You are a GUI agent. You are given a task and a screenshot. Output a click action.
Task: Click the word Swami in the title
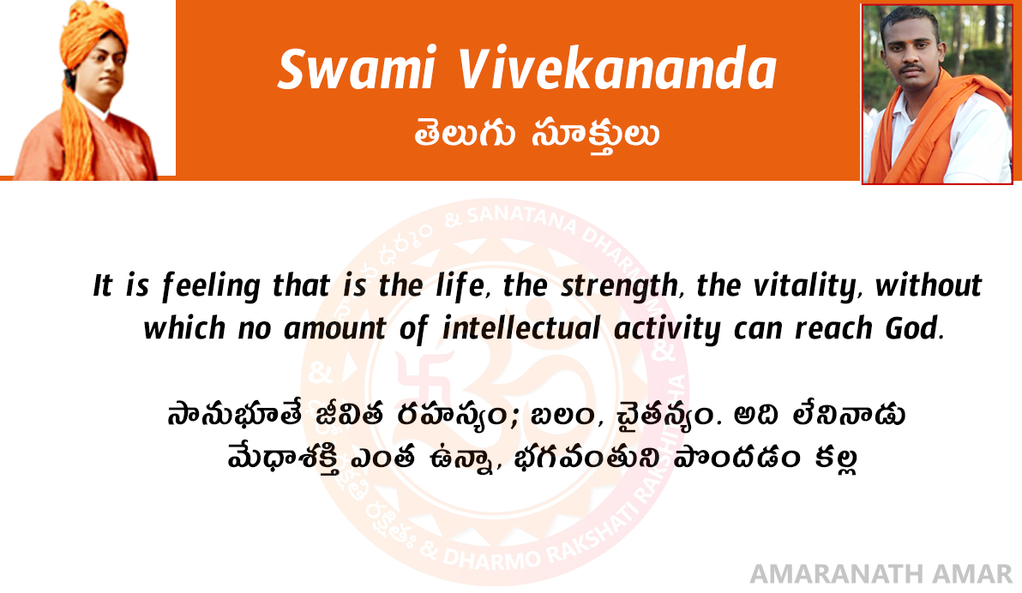pos(357,69)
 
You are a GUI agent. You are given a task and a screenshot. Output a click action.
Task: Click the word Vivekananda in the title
pos(618,69)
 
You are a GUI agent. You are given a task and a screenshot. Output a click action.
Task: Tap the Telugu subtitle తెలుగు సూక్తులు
pos(537,135)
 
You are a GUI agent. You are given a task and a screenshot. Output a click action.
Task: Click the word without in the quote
pos(929,285)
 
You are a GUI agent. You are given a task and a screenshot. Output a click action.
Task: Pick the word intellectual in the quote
pos(520,328)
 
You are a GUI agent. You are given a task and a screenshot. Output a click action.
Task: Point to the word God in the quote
pos(911,328)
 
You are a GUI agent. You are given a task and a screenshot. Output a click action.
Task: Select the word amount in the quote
pos(335,329)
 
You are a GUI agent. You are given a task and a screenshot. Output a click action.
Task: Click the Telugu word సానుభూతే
pos(235,415)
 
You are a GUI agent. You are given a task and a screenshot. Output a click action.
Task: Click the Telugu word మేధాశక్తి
pos(284,458)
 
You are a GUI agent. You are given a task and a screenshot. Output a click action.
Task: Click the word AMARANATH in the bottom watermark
pos(836,574)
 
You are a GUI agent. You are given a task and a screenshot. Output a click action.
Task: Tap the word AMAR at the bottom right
pos(972,574)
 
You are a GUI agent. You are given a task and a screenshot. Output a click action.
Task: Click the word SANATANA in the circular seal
pos(522,219)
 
